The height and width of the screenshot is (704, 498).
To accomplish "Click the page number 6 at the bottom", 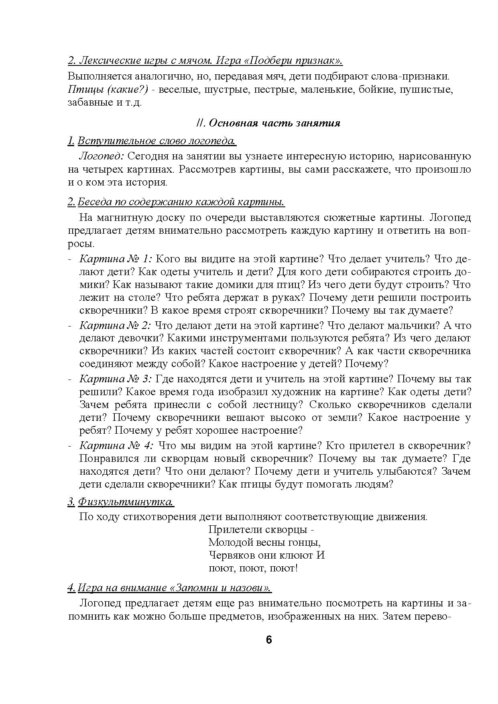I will coord(268,640).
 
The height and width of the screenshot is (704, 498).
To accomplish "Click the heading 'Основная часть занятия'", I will coord(274,123).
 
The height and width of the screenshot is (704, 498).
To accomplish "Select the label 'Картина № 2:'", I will coord(115,325).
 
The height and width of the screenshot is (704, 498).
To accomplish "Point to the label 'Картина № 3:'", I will coord(115,379).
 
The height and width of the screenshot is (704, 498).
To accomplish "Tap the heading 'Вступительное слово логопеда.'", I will coord(157,141).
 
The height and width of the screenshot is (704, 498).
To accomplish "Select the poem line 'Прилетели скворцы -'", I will coord(261,530).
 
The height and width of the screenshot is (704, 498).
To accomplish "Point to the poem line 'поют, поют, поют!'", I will coord(253,568).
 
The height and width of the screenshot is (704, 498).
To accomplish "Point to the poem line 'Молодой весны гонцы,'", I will coord(265,543).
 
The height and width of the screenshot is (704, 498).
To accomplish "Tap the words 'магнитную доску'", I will coord(140,218).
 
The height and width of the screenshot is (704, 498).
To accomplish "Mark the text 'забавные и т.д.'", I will coord(105,102).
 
